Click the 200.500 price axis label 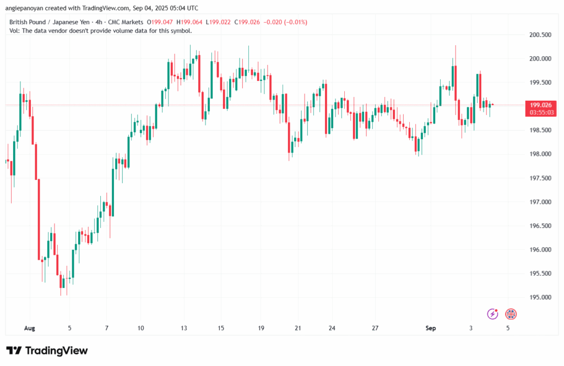tap(540, 35)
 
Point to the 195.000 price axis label tap(540, 297)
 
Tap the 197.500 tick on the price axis tap(540, 178)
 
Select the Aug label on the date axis tap(30, 328)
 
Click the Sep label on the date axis tap(431, 328)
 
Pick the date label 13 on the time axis tap(184, 328)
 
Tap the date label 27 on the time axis tap(375, 328)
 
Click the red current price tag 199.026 tap(541, 105)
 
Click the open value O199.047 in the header tap(160, 22)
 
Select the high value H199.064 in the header tap(189, 22)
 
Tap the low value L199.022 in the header tap(218, 22)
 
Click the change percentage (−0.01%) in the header tap(296, 22)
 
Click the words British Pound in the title tap(28, 22)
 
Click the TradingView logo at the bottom tap(47, 351)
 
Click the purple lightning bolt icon tap(492, 314)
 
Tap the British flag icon tap(511, 314)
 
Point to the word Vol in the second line tap(14, 31)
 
